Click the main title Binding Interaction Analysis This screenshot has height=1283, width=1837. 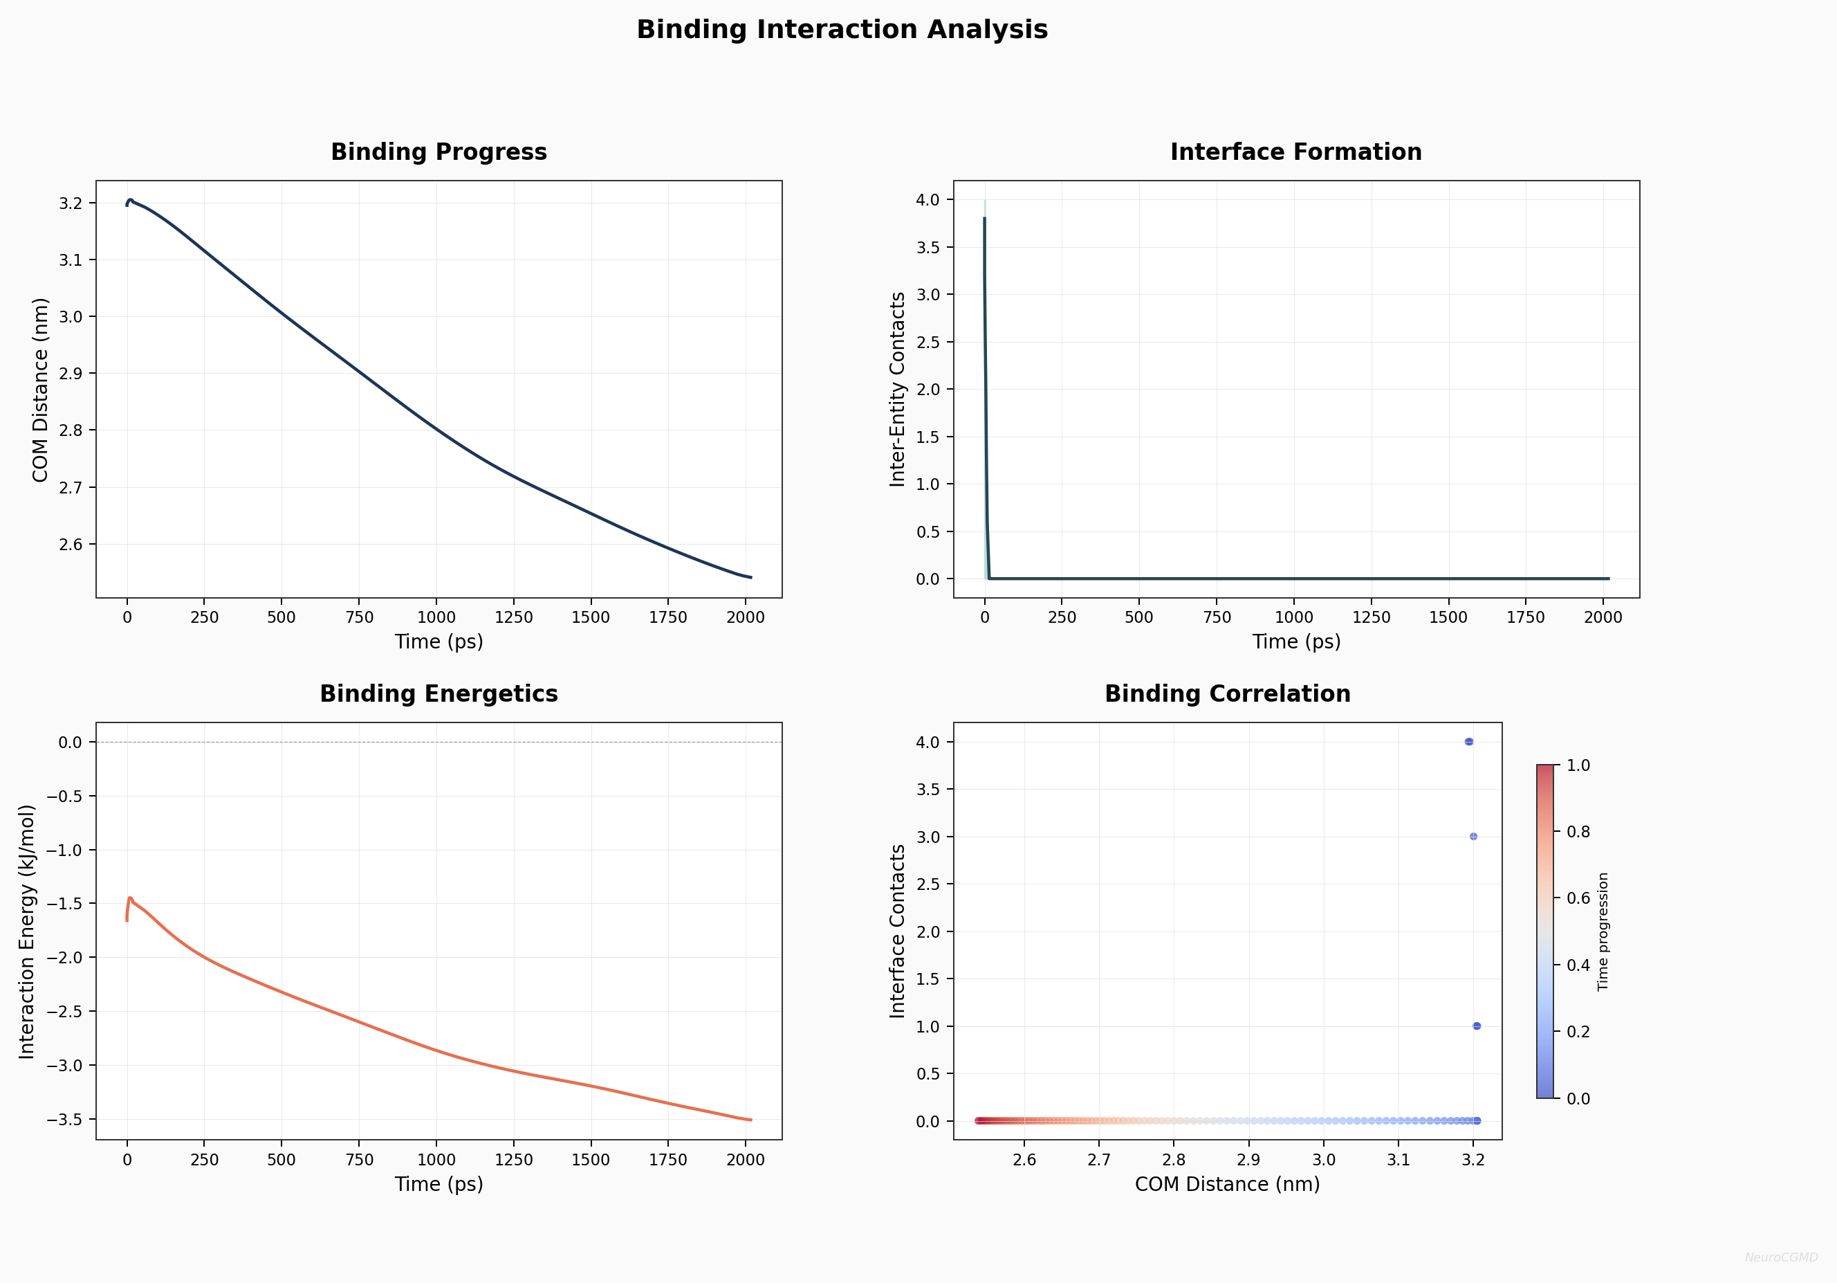pos(842,30)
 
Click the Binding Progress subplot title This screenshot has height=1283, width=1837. pos(439,152)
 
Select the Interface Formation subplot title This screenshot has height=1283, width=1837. pos(1295,152)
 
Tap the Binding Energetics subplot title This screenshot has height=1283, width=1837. pos(439,694)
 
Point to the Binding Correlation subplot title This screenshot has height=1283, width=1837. pos(1228,694)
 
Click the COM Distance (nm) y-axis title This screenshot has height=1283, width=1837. pos(40,390)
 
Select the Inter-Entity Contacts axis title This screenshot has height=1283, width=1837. pos(898,389)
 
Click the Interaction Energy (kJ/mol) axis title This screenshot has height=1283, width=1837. pos(27,931)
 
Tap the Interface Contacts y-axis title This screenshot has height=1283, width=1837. pos(898,931)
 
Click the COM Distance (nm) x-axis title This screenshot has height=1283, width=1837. pos(1228,1184)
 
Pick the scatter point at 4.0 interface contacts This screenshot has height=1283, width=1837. pos(1469,742)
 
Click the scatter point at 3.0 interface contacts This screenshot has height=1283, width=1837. pos(1474,837)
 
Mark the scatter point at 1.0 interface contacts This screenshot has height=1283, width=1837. pos(1477,1026)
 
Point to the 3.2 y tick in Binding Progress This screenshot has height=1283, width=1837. pos(71,203)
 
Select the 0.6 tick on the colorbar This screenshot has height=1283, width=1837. pos(1578,898)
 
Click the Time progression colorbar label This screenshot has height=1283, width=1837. pos(1603,931)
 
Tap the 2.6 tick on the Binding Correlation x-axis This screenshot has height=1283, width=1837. pos(1024,1161)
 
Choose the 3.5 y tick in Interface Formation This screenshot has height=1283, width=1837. pos(928,247)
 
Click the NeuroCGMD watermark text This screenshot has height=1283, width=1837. pos(1781,1257)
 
